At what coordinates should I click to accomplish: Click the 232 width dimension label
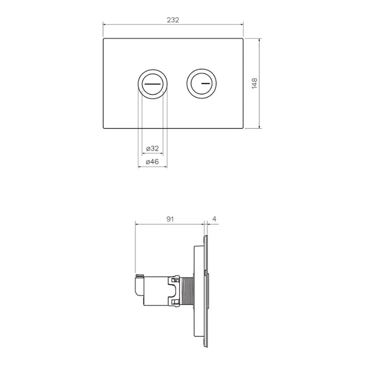point(173,20)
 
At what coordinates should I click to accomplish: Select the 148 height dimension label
point(255,83)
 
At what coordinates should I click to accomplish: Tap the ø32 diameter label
point(152,148)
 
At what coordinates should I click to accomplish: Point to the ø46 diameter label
point(152,162)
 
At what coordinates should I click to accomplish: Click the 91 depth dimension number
point(169,219)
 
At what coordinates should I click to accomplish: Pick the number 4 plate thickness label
point(214,219)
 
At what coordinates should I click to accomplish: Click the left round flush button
point(152,84)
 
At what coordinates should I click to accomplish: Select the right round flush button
point(201,84)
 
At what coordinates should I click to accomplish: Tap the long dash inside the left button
point(152,84)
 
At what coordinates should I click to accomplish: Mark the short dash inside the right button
point(206,84)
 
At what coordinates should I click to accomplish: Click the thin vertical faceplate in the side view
point(206,292)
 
